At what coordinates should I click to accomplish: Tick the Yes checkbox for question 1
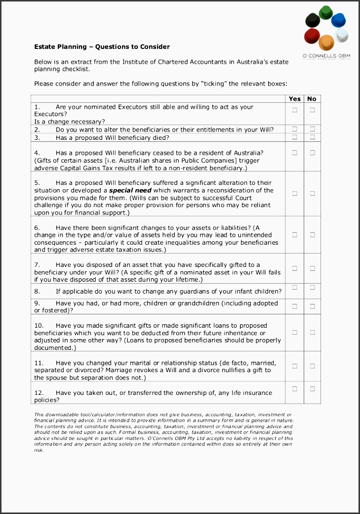[x=295, y=110]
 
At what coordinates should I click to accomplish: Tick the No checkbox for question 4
[x=313, y=153]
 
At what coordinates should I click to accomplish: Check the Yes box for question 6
[x=295, y=235]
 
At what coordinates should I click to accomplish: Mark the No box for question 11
[x=313, y=366]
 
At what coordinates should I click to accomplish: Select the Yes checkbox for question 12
[x=295, y=389]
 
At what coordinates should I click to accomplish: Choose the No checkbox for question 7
[x=313, y=268]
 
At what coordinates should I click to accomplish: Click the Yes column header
[x=295, y=99]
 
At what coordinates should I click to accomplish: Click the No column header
[x=312, y=99]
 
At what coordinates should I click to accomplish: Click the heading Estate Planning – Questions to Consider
[x=102, y=47]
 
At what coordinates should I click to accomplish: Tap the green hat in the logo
[x=325, y=12]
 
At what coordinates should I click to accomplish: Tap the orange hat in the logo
[x=326, y=43]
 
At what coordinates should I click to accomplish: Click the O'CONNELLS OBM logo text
[x=326, y=56]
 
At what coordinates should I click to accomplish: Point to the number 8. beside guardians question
[x=37, y=292]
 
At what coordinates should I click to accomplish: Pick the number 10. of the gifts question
[x=39, y=326]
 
